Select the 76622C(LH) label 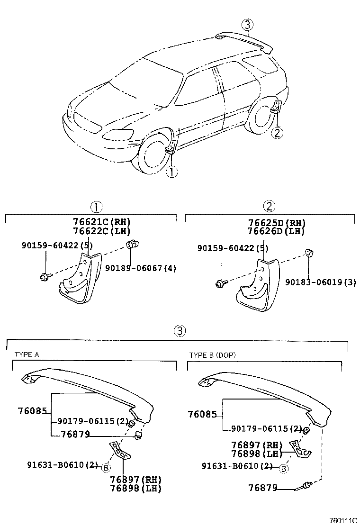tap(101, 231)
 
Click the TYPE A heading tap(27, 354)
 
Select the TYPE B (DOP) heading tap(212, 355)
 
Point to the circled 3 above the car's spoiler tap(247, 25)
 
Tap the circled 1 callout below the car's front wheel tap(171, 173)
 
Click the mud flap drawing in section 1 tap(81, 280)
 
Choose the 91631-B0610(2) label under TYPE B tap(237, 466)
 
